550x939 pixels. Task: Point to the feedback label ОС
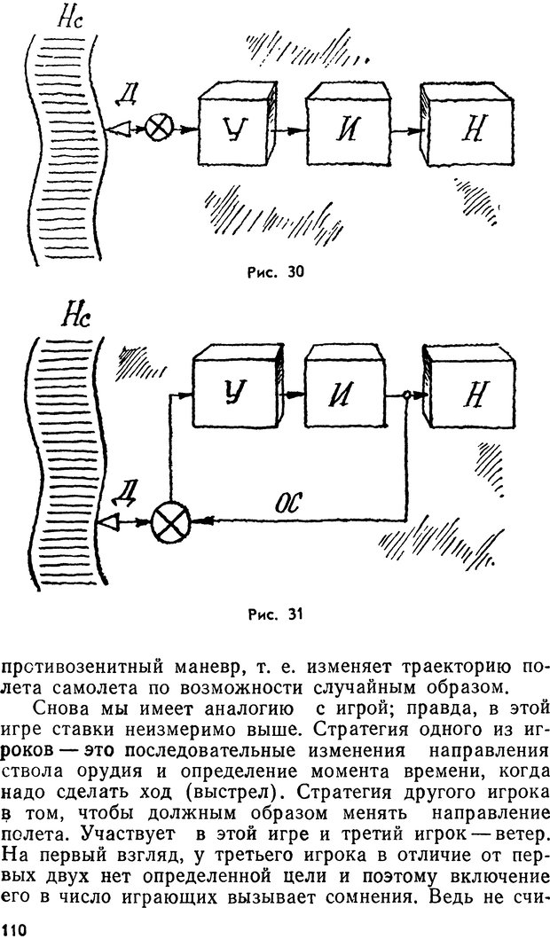pos(290,503)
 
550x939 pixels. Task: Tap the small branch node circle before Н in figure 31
pos(405,396)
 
